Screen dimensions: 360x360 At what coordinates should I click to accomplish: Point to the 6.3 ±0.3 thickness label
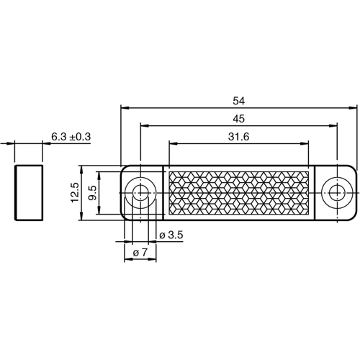pos(75,135)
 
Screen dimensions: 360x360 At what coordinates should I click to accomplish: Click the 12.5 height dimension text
pos(75,193)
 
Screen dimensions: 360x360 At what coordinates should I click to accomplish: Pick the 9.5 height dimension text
pos(92,193)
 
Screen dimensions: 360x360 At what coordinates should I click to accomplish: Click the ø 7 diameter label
pos(140,252)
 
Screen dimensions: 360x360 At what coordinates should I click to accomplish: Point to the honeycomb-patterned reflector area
pos(238,192)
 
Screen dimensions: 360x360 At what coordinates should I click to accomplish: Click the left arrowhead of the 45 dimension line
pos(142,125)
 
